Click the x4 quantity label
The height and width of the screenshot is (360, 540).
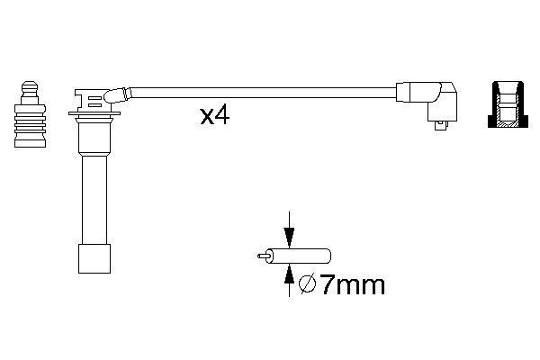[214, 116]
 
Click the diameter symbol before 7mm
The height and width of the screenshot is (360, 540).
[306, 285]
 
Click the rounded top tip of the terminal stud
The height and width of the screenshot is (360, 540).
[28, 86]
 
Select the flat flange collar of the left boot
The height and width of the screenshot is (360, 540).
[94, 116]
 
